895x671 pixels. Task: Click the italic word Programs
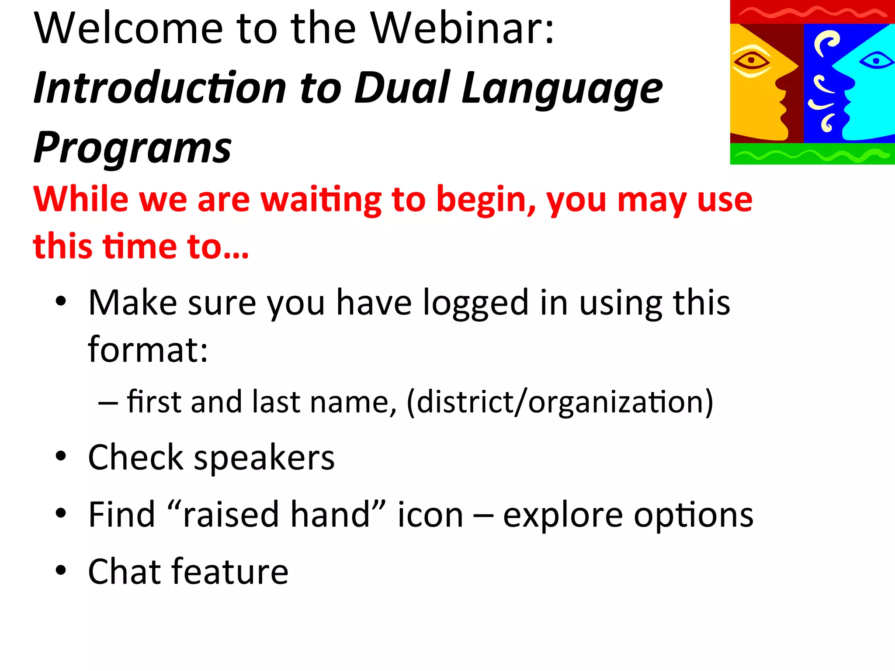click(132, 149)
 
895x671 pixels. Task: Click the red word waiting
click(321, 200)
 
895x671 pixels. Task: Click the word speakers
click(264, 458)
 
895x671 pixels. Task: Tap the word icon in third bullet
click(430, 515)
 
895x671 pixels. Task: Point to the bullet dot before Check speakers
click(61, 457)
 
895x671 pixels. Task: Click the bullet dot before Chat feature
click(61, 570)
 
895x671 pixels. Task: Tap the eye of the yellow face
click(751, 61)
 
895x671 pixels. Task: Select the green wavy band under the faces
click(812, 154)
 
